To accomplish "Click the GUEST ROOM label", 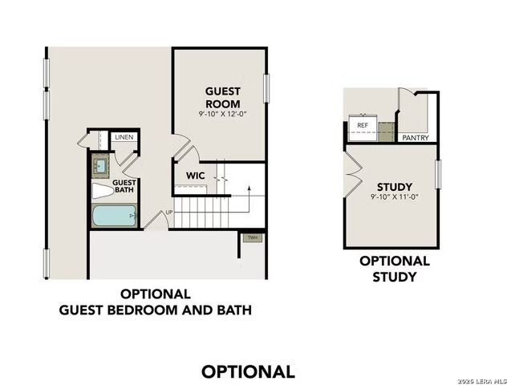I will click(x=222, y=97).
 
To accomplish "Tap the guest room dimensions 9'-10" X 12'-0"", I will click(x=222, y=114).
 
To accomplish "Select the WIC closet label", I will click(x=196, y=175).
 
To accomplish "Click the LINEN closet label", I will click(x=124, y=137).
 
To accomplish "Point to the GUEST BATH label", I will click(x=124, y=187).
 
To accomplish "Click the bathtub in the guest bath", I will click(x=113, y=216).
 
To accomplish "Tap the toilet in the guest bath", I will click(x=103, y=191).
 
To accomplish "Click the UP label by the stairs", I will click(x=168, y=213).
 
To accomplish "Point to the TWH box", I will click(x=252, y=237).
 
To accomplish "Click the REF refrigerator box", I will click(x=363, y=126).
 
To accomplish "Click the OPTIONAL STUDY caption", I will click(x=394, y=269).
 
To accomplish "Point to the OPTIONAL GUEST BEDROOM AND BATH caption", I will click(x=155, y=302).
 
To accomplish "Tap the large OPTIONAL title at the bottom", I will click(x=248, y=371).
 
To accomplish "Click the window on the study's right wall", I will click(x=438, y=174).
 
